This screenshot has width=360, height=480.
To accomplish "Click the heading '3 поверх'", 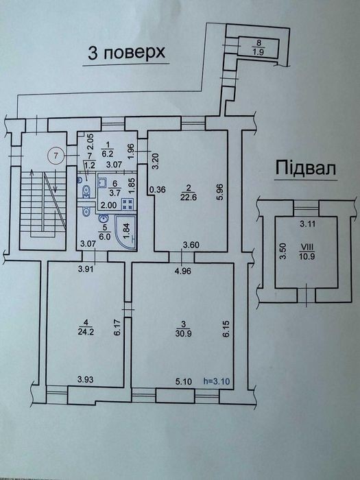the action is [127, 53].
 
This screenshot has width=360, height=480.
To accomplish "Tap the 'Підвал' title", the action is [306, 168].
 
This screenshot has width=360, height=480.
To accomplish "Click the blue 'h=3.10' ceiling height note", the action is [217, 381].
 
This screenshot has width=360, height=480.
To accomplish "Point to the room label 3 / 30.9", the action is [184, 328].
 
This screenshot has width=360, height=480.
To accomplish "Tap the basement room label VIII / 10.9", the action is [307, 252].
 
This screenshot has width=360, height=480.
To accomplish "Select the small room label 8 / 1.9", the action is [259, 47].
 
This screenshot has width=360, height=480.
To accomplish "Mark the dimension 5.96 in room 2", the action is [221, 191].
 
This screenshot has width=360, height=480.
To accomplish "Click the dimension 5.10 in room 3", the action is [184, 381].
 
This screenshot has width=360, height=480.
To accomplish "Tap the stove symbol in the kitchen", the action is [128, 204].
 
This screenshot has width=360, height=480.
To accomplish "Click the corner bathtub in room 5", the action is [125, 232].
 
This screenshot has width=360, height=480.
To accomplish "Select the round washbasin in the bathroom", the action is [103, 219].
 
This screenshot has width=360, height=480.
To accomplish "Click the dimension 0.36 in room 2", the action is [157, 190].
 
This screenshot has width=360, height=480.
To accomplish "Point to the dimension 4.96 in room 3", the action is [182, 271].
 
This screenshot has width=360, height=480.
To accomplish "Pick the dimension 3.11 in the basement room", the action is [307, 224].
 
